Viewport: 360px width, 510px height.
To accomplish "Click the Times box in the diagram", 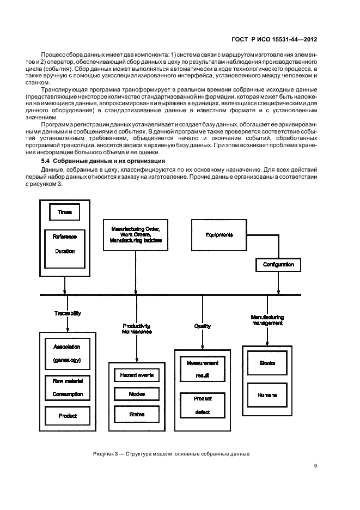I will click(x=65, y=212).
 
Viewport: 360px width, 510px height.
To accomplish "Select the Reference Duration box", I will click(x=65, y=248).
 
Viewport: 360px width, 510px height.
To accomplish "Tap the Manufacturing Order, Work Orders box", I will click(x=136, y=234).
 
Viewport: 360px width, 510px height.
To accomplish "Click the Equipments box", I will click(x=219, y=235).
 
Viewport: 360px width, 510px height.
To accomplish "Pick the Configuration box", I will click(x=278, y=265).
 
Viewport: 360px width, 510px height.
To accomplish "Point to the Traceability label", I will click(x=68, y=314).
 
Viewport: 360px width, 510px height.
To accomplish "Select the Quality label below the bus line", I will click(x=203, y=326).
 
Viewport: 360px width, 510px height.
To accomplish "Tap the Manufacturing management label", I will click(x=267, y=320).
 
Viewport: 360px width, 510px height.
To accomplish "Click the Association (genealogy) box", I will click(x=67, y=353).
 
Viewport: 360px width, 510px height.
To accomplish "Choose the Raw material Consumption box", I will click(x=67, y=387).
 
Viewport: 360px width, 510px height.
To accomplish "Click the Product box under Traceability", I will click(x=67, y=416).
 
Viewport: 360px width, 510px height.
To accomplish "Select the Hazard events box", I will click(x=137, y=375).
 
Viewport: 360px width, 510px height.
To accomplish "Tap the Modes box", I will click(x=137, y=394).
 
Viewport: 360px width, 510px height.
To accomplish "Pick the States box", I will click(x=137, y=414).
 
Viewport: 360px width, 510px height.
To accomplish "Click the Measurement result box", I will click(x=202, y=369).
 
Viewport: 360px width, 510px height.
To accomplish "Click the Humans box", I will click(x=267, y=394).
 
